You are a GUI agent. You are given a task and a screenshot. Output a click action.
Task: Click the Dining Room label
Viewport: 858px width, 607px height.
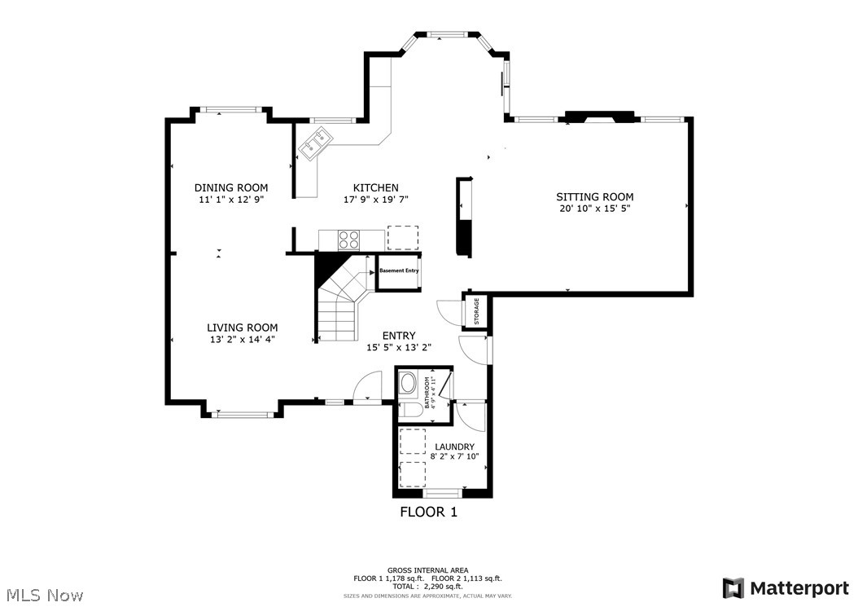(230, 188)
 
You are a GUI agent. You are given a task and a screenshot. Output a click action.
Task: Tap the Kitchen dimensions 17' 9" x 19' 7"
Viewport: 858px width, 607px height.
(375, 199)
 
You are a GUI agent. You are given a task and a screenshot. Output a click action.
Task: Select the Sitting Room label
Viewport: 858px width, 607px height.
(594, 197)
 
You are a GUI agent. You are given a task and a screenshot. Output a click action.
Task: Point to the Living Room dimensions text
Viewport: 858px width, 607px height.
(242, 340)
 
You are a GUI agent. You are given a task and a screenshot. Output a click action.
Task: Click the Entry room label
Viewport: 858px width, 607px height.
(399, 336)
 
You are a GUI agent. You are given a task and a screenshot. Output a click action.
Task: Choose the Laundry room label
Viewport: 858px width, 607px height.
(454, 446)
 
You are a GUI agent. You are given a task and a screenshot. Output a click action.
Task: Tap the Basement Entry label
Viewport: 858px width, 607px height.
(399, 271)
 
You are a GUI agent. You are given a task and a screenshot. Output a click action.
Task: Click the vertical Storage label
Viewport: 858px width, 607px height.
(477, 311)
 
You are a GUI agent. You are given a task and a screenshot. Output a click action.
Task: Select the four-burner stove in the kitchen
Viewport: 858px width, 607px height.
(349, 240)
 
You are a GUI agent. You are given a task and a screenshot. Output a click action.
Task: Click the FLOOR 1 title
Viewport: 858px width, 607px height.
(428, 512)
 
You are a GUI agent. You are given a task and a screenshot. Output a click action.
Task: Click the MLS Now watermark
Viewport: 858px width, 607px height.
(42, 595)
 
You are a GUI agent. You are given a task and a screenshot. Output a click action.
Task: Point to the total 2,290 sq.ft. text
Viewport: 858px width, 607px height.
(428, 586)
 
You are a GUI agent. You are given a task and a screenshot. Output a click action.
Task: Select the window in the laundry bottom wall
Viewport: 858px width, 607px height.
(443, 493)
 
